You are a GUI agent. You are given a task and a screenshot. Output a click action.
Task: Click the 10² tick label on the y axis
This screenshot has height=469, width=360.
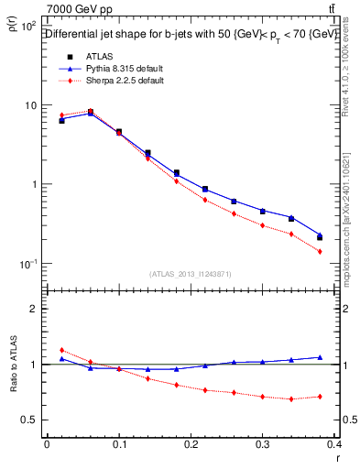[27, 26]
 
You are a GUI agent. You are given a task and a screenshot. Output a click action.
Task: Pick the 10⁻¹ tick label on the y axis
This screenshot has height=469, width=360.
[27, 264]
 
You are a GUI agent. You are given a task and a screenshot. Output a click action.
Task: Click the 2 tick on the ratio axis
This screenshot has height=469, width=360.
[35, 309]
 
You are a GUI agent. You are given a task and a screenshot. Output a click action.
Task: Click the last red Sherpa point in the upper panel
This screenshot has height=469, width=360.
[320, 251]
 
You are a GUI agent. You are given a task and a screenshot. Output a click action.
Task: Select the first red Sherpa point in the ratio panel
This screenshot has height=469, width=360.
[61, 350]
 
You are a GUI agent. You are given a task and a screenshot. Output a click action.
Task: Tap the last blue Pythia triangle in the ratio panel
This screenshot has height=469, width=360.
[320, 357]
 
